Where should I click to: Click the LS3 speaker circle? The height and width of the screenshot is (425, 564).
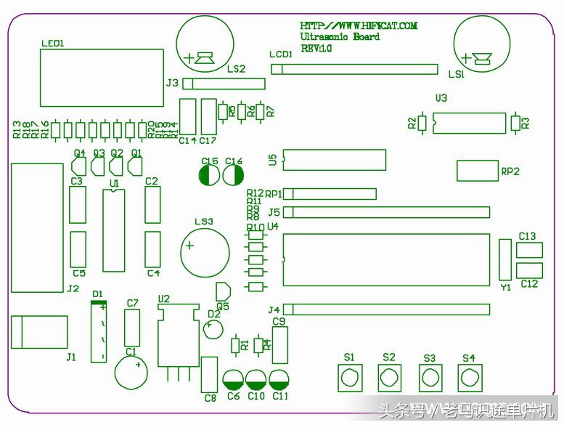point(208,251)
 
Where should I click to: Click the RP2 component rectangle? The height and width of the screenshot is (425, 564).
point(477,171)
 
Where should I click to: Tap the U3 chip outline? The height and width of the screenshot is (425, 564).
point(468,123)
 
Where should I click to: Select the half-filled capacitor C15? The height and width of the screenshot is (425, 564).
point(209,175)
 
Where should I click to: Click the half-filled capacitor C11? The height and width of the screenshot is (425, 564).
point(279,379)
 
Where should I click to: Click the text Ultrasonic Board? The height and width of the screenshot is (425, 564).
point(340,37)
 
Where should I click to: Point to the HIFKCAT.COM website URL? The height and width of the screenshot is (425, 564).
point(359,25)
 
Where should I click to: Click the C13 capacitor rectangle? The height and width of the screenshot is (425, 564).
point(528,250)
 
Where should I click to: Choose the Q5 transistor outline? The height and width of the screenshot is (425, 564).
point(224,291)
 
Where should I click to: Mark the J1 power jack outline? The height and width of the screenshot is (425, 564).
point(38,332)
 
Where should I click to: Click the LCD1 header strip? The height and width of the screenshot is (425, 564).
point(355,69)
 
